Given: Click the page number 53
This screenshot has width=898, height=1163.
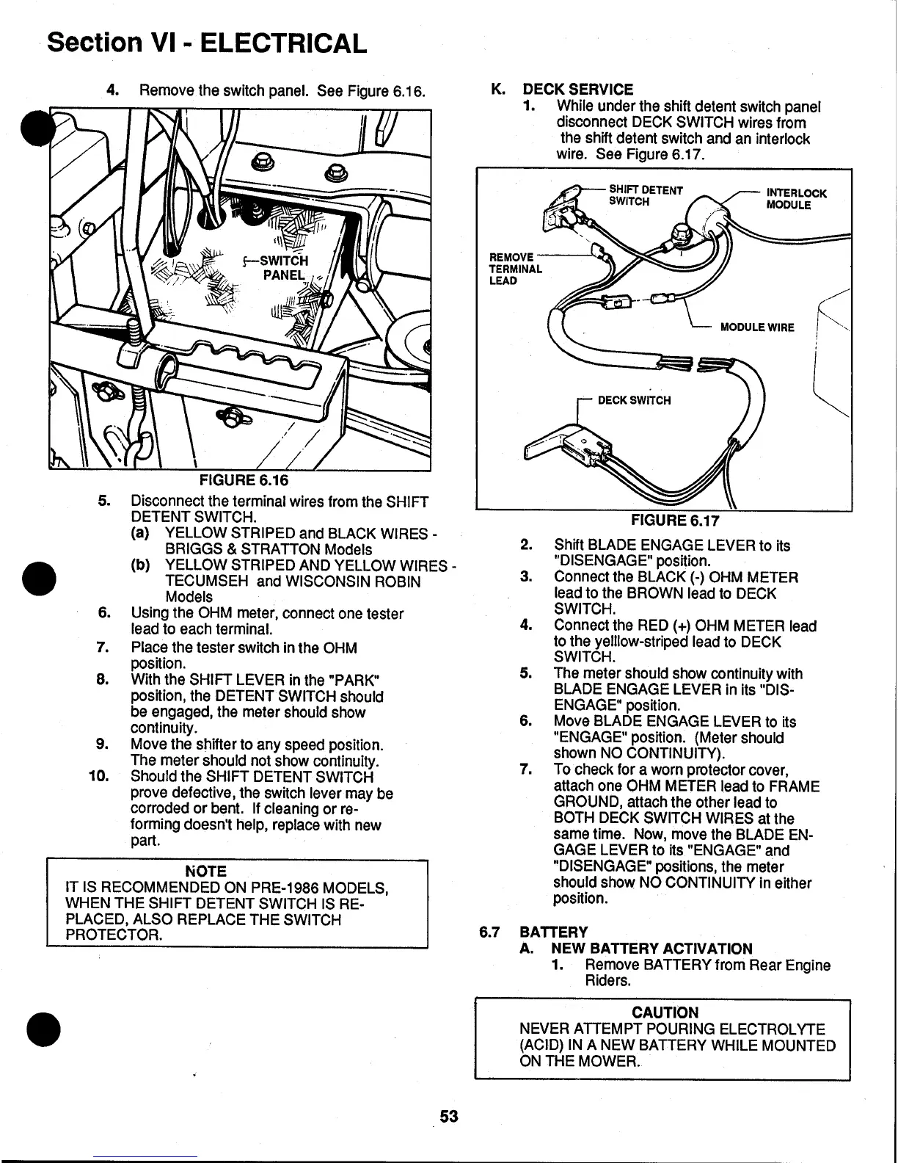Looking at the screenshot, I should pos(449,1117).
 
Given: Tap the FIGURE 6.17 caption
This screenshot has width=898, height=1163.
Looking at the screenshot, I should pos(675,521).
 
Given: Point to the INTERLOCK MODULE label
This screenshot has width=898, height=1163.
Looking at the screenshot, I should pos(796,199).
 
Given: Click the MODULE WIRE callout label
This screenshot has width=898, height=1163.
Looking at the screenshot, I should pos(757,327).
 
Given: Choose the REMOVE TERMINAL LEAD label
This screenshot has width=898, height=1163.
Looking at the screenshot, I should pos(514,269).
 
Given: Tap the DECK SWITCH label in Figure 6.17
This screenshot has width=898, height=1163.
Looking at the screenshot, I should pos(634,400).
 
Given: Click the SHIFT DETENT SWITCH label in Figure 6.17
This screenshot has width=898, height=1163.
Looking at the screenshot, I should pos(646,195).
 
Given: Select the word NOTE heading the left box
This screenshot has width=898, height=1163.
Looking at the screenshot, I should pos(206,872).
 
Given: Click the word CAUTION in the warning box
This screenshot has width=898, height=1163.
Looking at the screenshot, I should pos(665,1013).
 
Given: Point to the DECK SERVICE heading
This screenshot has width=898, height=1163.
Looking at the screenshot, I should pos(577,90).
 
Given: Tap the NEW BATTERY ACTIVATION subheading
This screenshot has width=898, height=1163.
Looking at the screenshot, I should pos(652,949).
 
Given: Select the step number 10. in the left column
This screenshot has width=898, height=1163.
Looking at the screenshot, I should pos(98,776).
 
